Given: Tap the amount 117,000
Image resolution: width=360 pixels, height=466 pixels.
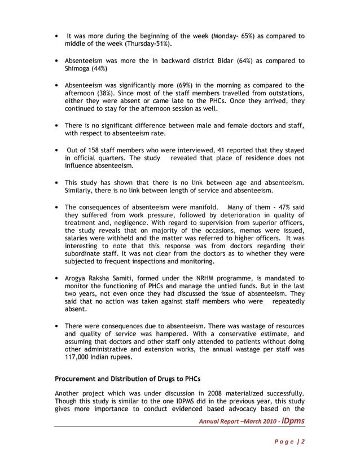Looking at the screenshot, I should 79,357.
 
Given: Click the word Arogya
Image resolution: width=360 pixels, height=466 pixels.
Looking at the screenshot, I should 78,278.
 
